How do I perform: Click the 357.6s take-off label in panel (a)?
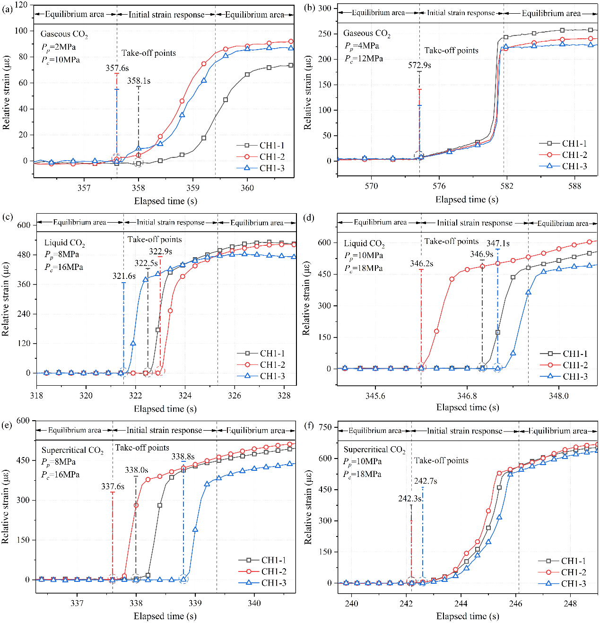117,68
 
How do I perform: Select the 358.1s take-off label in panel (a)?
139,81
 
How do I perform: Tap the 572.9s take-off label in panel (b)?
419,65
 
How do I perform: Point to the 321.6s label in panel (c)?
124,276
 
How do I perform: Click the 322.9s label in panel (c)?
160,251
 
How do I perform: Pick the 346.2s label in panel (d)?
421,263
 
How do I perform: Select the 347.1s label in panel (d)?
498,243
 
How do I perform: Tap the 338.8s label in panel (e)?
183,456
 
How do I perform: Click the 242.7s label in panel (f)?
426,481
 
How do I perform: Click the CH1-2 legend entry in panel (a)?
272,156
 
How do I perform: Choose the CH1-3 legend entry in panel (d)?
575,376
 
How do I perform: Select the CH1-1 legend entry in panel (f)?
573,561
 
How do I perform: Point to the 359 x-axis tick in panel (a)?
193,188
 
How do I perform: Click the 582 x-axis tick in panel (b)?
507,186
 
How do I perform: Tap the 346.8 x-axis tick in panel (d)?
467,396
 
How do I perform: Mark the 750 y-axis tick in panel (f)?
325,427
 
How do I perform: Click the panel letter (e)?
7,425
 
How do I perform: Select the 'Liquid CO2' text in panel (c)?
65,243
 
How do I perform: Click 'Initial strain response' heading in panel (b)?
461,13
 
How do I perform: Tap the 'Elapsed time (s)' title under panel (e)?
165,616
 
